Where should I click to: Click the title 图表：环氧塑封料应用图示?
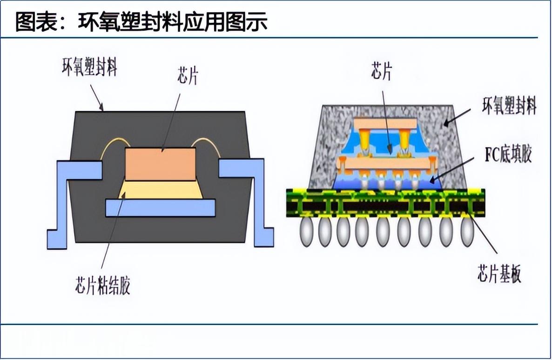coord(141,21)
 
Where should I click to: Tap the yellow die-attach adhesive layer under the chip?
coord(161,190)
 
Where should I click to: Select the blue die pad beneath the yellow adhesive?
coord(161,207)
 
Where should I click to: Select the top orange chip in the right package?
coord(384,123)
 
